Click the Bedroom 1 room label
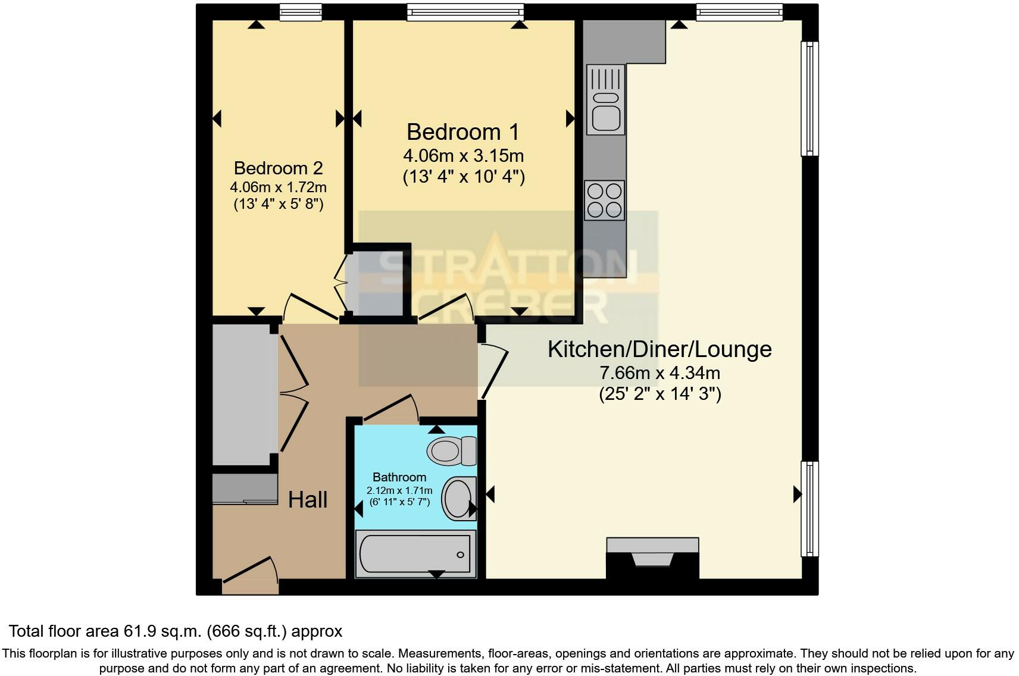click(x=462, y=132)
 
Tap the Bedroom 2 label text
click(x=278, y=168)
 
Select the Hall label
click(x=308, y=500)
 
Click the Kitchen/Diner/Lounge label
click(x=659, y=349)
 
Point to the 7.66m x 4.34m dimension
click(x=659, y=373)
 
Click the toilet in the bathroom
click(x=451, y=451)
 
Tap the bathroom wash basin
click(x=459, y=499)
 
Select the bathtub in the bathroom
click(x=415, y=554)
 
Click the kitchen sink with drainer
click(x=605, y=99)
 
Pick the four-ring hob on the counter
click(x=605, y=201)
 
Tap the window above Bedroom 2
click(x=301, y=12)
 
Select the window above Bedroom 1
click(x=465, y=12)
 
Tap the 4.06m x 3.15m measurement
click(x=463, y=156)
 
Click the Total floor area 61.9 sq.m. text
click(x=175, y=631)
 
